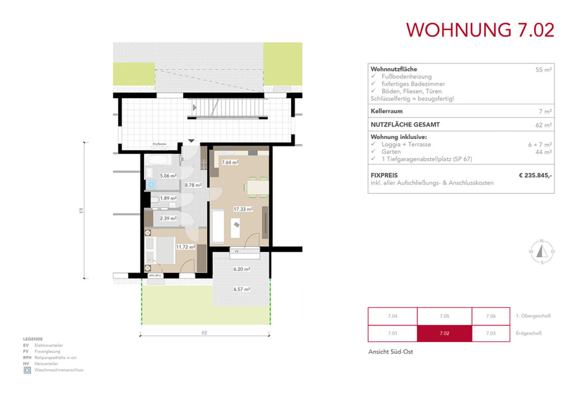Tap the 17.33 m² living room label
pyautogui.click(x=244, y=209)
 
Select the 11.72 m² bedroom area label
pyautogui.click(x=185, y=247)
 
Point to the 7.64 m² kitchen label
pyautogui.click(x=230, y=163)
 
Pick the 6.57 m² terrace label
pyautogui.click(x=242, y=289)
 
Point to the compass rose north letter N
pyautogui.click(x=542, y=241)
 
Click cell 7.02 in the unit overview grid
pyautogui.click(x=444, y=334)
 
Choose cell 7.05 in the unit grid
pyautogui.click(x=444, y=316)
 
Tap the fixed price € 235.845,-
pyautogui.click(x=536, y=176)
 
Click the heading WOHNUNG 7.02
pyautogui.click(x=480, y=30)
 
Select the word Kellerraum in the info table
pyautogui.click(x=386, y=112)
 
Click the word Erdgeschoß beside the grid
pyautogui.click(x=530, y=334)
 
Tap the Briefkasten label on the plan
pyautogui.click(x=160, y=145)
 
